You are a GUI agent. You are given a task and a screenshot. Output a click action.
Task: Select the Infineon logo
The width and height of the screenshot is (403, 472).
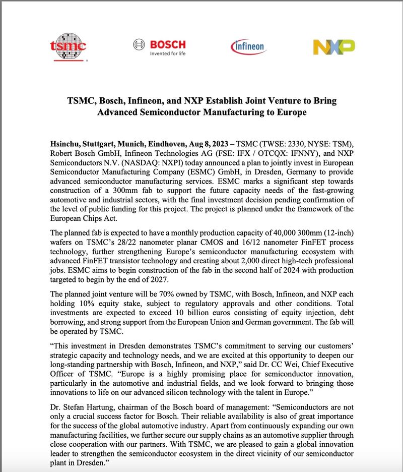coord(247,47)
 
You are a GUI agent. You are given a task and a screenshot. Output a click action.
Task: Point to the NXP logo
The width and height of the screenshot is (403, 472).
coord(333,47)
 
